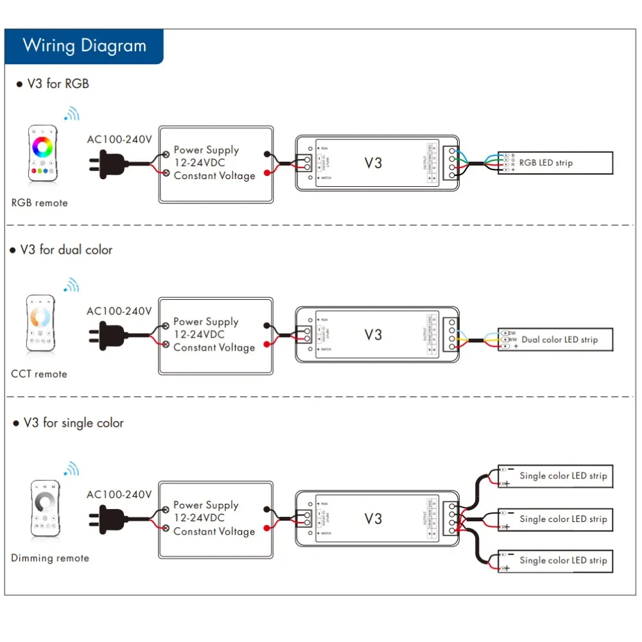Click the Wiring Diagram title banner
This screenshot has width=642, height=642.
point(84,46)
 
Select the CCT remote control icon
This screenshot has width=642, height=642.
point(40,323)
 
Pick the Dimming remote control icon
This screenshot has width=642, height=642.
point(45,508)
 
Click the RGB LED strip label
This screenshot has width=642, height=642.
point(546,163)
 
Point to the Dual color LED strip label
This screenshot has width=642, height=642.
point(559,340)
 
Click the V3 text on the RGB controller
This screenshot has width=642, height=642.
point(373,163)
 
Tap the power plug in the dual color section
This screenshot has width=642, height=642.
point(109,334)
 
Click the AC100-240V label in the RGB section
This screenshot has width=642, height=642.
point(119,138)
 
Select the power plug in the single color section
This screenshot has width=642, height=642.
point(109,517)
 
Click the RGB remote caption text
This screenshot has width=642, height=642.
point(40,203)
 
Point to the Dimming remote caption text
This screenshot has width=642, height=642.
point(49,558)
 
